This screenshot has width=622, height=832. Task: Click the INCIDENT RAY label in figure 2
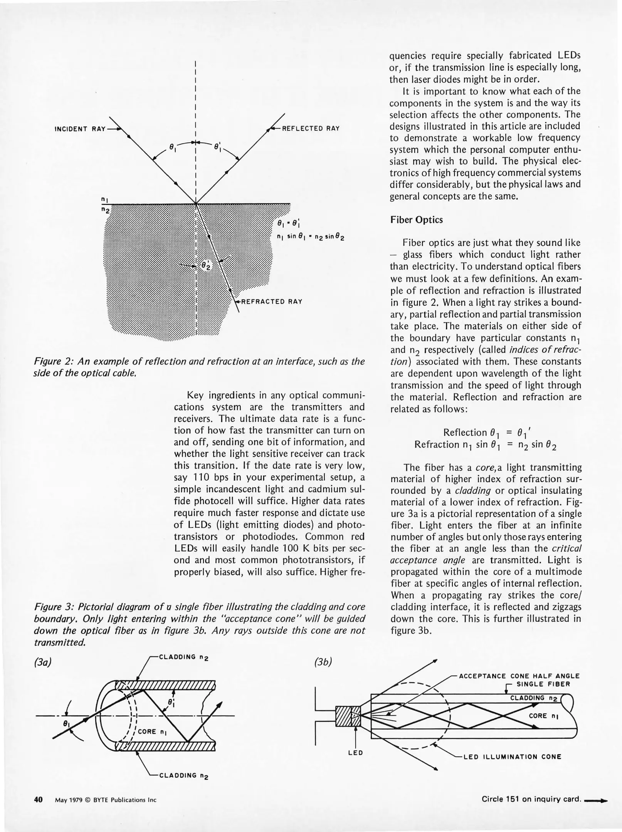[80, 129]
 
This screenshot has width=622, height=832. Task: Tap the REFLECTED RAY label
[311, 128]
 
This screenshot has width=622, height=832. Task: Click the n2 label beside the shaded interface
[105, 210]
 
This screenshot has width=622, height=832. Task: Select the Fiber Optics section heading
[417, 220]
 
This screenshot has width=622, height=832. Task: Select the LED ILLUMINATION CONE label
[512, 757]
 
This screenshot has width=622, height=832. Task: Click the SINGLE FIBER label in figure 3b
[543, 684]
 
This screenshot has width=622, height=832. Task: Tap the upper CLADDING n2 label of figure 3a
[183, 657]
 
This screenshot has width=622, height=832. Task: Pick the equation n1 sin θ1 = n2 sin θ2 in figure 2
[311, 237]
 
